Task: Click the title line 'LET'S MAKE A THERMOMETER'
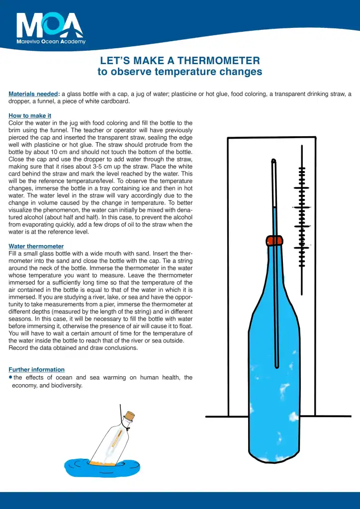point(180,61)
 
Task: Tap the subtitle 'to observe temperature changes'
point(180,72)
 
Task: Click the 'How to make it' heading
point(30,116)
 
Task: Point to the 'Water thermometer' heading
point(36,246)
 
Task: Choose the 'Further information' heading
point(36,369)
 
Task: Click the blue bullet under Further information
point(10,377)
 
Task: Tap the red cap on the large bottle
point(274,241)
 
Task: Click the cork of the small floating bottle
point(130,416)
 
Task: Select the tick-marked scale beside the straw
point(301,209)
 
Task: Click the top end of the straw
point(273,161)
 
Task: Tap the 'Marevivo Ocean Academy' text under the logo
point(51,42)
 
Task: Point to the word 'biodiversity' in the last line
point(67,385)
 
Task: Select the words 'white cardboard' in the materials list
point(109,101)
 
